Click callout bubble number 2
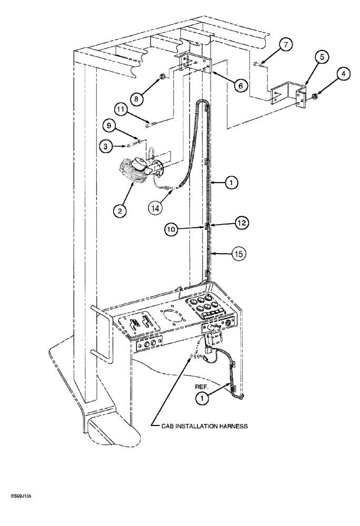(x=121, y=211)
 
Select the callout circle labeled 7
(x=285, y=45)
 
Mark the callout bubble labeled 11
(x=121, y=110)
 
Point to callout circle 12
(x=241, y=223)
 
